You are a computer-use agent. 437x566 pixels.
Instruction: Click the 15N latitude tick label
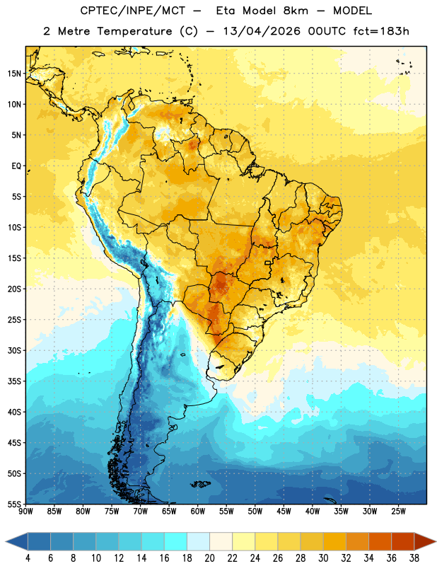[x=14, y=74]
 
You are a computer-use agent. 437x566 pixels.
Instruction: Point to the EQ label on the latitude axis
[x=16, y=166]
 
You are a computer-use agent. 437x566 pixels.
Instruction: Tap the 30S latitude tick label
[x=14, y=350]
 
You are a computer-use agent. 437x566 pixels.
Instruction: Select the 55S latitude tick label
[x=14, y=504]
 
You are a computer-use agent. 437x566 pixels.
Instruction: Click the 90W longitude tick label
[x=26, y=512]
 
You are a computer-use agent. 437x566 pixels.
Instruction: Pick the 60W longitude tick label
[x=198, y=512]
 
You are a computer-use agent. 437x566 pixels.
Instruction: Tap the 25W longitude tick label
[x=398, y=512]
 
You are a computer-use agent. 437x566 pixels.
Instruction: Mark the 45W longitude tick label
[x=284, y=512]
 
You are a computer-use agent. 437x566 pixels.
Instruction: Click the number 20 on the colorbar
[x=209, y=558]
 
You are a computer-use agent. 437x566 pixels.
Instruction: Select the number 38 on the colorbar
[x=414, y=558]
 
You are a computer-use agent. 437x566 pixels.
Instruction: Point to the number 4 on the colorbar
[x=28, y=558]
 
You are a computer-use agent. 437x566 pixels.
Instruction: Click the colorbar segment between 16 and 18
[x=176, y=541]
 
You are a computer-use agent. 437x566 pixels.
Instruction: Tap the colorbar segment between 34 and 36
[x=380, y=541]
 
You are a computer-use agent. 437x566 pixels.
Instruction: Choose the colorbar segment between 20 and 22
[x=221, y=541]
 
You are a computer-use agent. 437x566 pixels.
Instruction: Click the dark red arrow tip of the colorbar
[x=425, y=541]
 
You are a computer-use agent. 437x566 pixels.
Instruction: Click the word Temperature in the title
[x=134, y=31]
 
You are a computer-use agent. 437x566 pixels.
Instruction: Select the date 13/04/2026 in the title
[x=262, y=31]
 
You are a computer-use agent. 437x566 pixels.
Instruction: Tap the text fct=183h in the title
[x=381, y=31]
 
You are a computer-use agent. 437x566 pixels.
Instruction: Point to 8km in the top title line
[x=296, y=11]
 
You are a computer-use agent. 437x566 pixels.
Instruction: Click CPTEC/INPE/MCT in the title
[x=133, y=11]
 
